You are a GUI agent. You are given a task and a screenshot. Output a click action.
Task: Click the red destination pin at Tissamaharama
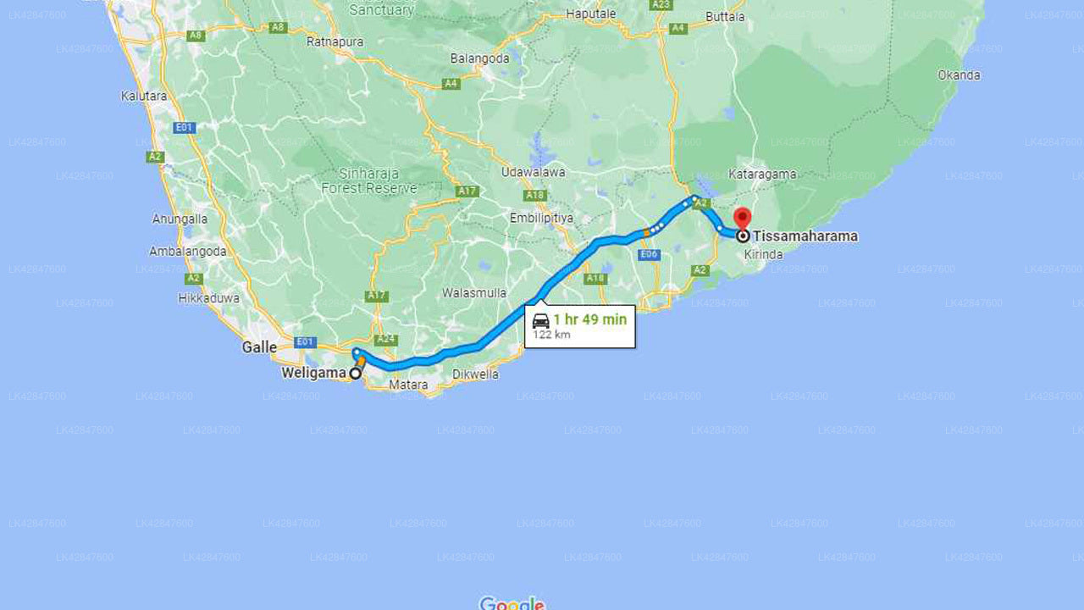(743, 219)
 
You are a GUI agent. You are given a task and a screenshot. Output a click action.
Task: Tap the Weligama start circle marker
(356, 374)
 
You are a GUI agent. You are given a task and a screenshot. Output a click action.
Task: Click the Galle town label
(259, 347)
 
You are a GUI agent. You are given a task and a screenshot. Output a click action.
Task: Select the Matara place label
(408, 385)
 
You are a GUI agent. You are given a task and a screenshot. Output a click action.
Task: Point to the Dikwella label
(475, 374)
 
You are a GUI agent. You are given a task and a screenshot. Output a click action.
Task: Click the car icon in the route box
(540, 321)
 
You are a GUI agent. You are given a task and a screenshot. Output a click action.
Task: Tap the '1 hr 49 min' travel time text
(589, 320)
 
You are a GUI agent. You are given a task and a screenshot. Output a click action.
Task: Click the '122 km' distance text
(551, 335)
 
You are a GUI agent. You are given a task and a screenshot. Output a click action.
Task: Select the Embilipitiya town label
(541, 218)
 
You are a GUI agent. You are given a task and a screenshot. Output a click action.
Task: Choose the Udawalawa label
(533, 172)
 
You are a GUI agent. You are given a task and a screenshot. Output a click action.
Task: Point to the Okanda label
(959, 75)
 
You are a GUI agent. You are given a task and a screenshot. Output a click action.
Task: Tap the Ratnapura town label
(335, 42)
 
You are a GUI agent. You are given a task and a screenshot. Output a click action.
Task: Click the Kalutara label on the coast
(144, 96)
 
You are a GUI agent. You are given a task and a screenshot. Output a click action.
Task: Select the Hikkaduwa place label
(208, 298)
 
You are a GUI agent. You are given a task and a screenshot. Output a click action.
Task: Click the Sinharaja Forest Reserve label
(369, 180)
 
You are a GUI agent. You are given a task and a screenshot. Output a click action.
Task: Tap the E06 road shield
(649, 254)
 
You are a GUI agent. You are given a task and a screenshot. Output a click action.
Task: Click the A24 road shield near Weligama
(386, 340)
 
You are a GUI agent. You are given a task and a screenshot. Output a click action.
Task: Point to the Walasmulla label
(474, 293)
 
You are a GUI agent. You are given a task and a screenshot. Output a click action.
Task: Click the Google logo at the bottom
(512, 603)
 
